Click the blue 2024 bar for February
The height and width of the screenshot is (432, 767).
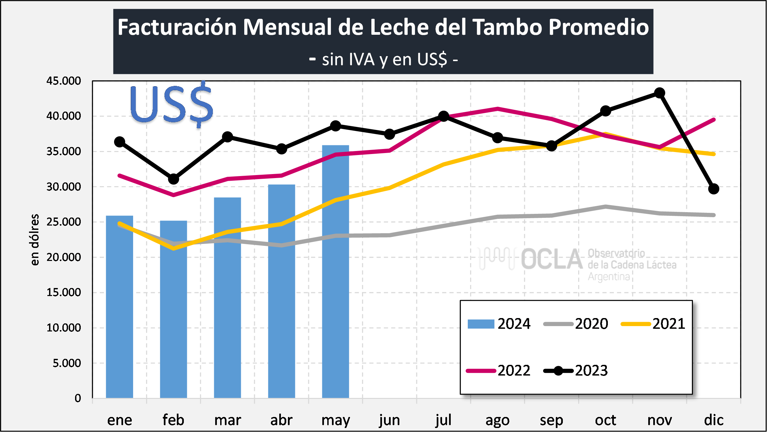coord(173,309)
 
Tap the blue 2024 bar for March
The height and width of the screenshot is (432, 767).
coord(228,297)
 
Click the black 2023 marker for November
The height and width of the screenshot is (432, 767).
coord(659,93)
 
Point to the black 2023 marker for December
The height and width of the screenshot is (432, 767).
coord(713,189)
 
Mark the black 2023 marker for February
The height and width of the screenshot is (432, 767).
coord(173,179)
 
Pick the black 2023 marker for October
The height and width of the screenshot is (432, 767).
coord(606,111)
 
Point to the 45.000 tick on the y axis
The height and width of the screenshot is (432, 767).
coord(63,81)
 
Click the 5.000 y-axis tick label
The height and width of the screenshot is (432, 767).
coord(67,363)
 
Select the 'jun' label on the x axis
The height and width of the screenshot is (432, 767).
coord(389,420)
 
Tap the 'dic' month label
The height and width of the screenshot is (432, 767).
coord(714,420)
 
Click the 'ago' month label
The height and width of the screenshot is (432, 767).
coord(497,420)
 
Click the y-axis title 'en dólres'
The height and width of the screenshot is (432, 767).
coord(35,240)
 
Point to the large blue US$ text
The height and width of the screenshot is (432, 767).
coord(171,104)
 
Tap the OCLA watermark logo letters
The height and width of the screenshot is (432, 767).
coord(552,259)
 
